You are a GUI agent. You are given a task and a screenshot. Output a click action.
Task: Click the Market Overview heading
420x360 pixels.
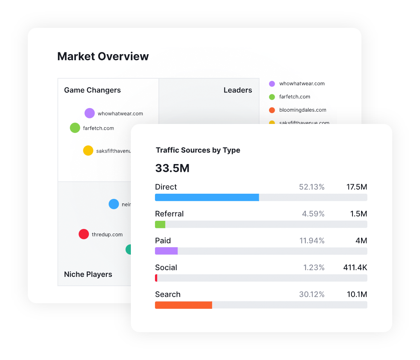103,56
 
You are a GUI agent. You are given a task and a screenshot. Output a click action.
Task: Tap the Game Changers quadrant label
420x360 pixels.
92,90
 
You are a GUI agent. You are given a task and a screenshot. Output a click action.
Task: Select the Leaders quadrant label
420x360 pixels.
238,90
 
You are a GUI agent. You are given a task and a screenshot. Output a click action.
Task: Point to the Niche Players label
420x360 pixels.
88,274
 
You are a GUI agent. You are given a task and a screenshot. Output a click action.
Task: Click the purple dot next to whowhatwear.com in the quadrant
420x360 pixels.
90,113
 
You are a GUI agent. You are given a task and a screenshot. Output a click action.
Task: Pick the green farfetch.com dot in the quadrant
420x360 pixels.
75,128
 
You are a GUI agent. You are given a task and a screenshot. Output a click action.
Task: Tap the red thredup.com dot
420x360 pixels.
84,234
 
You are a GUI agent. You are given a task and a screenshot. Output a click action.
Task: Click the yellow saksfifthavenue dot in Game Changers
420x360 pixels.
88,151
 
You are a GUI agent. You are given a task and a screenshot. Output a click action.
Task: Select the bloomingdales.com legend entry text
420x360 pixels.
302,110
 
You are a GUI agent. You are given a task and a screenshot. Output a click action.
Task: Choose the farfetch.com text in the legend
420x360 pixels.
295,97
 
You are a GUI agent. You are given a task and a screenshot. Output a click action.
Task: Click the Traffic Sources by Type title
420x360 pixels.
198,150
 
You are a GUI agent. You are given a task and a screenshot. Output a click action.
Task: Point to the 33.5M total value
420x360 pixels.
172,168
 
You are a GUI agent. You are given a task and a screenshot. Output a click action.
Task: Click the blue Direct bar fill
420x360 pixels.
207,197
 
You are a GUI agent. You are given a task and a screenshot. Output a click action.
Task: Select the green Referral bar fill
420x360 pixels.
160,224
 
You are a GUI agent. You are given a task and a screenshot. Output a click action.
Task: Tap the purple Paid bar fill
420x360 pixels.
166,251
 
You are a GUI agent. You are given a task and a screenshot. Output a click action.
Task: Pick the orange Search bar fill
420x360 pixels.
183,305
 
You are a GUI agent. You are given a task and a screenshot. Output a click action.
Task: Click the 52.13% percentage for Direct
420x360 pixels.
312,187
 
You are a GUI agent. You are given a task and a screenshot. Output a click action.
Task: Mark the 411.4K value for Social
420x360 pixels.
355,268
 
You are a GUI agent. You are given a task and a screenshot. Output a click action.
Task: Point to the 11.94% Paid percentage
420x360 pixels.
312,241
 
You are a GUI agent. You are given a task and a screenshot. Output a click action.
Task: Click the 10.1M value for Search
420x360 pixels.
357,295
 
